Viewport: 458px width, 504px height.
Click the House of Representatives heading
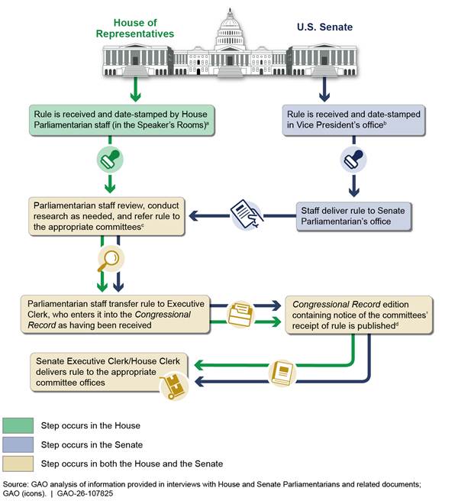click(x=135, y=27)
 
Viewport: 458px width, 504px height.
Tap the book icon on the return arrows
click(x=282, y=372)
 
